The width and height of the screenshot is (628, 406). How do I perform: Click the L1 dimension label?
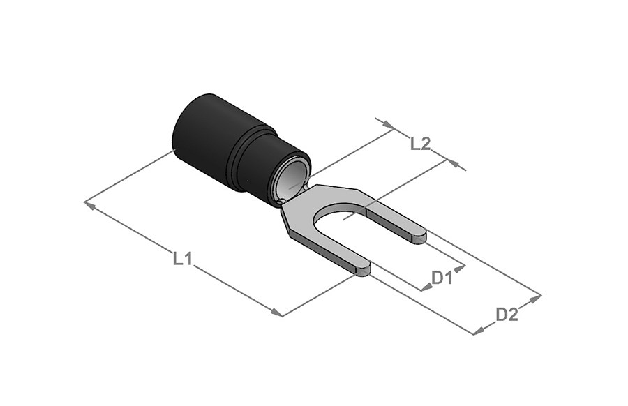tap(183, 259)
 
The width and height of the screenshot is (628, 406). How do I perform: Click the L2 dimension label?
tap(421, 144)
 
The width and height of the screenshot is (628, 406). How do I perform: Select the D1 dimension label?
tap(442, 277)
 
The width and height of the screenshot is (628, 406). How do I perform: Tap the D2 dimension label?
tap(507, 315)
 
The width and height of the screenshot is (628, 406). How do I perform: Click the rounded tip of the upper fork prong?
tap(421, 236)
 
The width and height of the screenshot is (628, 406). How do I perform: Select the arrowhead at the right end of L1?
tap(277, 313)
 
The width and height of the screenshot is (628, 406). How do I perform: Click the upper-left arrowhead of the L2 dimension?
tap(389, 126)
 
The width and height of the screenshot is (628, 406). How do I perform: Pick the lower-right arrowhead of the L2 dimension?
tap(453, 163)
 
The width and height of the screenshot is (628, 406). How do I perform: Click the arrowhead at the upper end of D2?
tap(535, 299)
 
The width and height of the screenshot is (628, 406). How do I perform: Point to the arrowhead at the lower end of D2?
tap(479, 331)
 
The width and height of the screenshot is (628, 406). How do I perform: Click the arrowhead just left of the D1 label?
tap(426, 287)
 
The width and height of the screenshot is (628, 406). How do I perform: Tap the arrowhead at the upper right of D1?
tap(461, 267)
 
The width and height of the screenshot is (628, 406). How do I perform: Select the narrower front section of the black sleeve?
tap(272, 168)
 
